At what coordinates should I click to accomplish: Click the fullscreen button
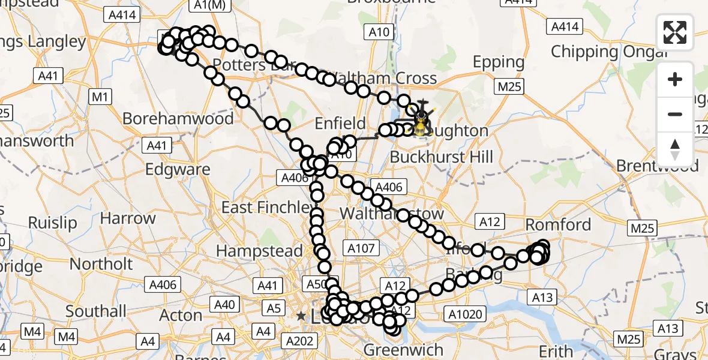point(675,32)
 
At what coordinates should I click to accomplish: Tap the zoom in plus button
point(675,80)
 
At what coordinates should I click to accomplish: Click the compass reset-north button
point(675,149)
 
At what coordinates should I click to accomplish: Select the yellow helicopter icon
point(422,122)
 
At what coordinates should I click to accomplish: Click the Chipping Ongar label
point(609,52)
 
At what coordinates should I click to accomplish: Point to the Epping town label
point(499,62)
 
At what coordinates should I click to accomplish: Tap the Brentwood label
point(658,166)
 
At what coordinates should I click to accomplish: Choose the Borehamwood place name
point(178,118)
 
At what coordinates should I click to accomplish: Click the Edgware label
point(178,169)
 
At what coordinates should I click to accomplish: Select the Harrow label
point(128,218)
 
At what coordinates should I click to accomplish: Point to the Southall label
point(96,311)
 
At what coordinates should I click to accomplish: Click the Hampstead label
point(260,251)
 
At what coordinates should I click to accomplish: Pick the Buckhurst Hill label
point(441,157)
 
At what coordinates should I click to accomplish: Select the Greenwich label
point(404,350)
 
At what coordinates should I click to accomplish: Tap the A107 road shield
point(361,248)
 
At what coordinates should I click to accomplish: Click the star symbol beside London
point(301,316)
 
